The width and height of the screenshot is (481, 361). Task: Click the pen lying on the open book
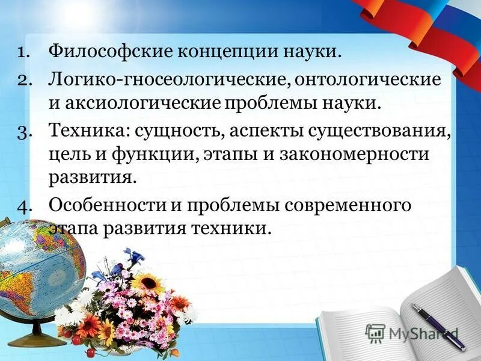point(438,326)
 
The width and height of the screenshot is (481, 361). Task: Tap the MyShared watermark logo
point(412,333)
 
